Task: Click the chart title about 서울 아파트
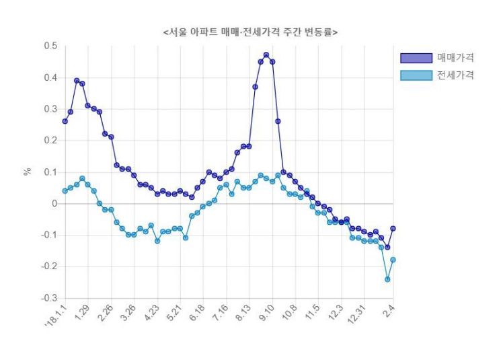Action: click(x=250, y=32)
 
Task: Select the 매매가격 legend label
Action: click(x=455, y=57)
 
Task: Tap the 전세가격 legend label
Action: click(x=455, y=75)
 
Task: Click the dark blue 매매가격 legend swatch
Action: click(x=416, y=57)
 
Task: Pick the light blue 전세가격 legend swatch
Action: click(x=416, y=75)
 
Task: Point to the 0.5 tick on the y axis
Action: click(x=50, y=46)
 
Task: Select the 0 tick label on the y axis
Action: click(x=54, y=203)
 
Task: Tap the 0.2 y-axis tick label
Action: click(x=50, y=141)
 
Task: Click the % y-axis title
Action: click(x=28, y=172)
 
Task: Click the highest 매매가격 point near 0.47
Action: click(x=266, y=55)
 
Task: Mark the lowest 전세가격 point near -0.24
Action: click(x=387, y=279)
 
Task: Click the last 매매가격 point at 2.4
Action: click(x=393, y=228)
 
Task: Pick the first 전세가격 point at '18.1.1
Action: click(x=65, y=190)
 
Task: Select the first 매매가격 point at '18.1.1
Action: click(x=65, y=121)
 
